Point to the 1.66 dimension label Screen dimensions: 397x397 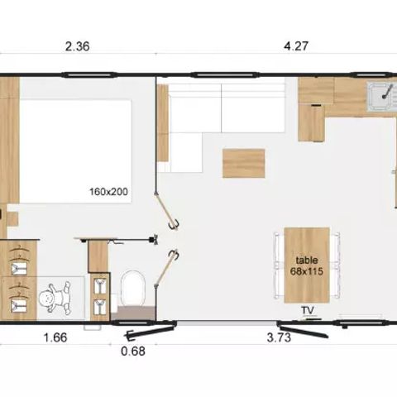coord(54,337)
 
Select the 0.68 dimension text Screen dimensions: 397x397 coord(132,351)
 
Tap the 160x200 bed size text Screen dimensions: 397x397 coord(108,192)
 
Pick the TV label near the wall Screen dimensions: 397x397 coord(308,310)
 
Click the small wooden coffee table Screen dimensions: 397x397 coord(243,163)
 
